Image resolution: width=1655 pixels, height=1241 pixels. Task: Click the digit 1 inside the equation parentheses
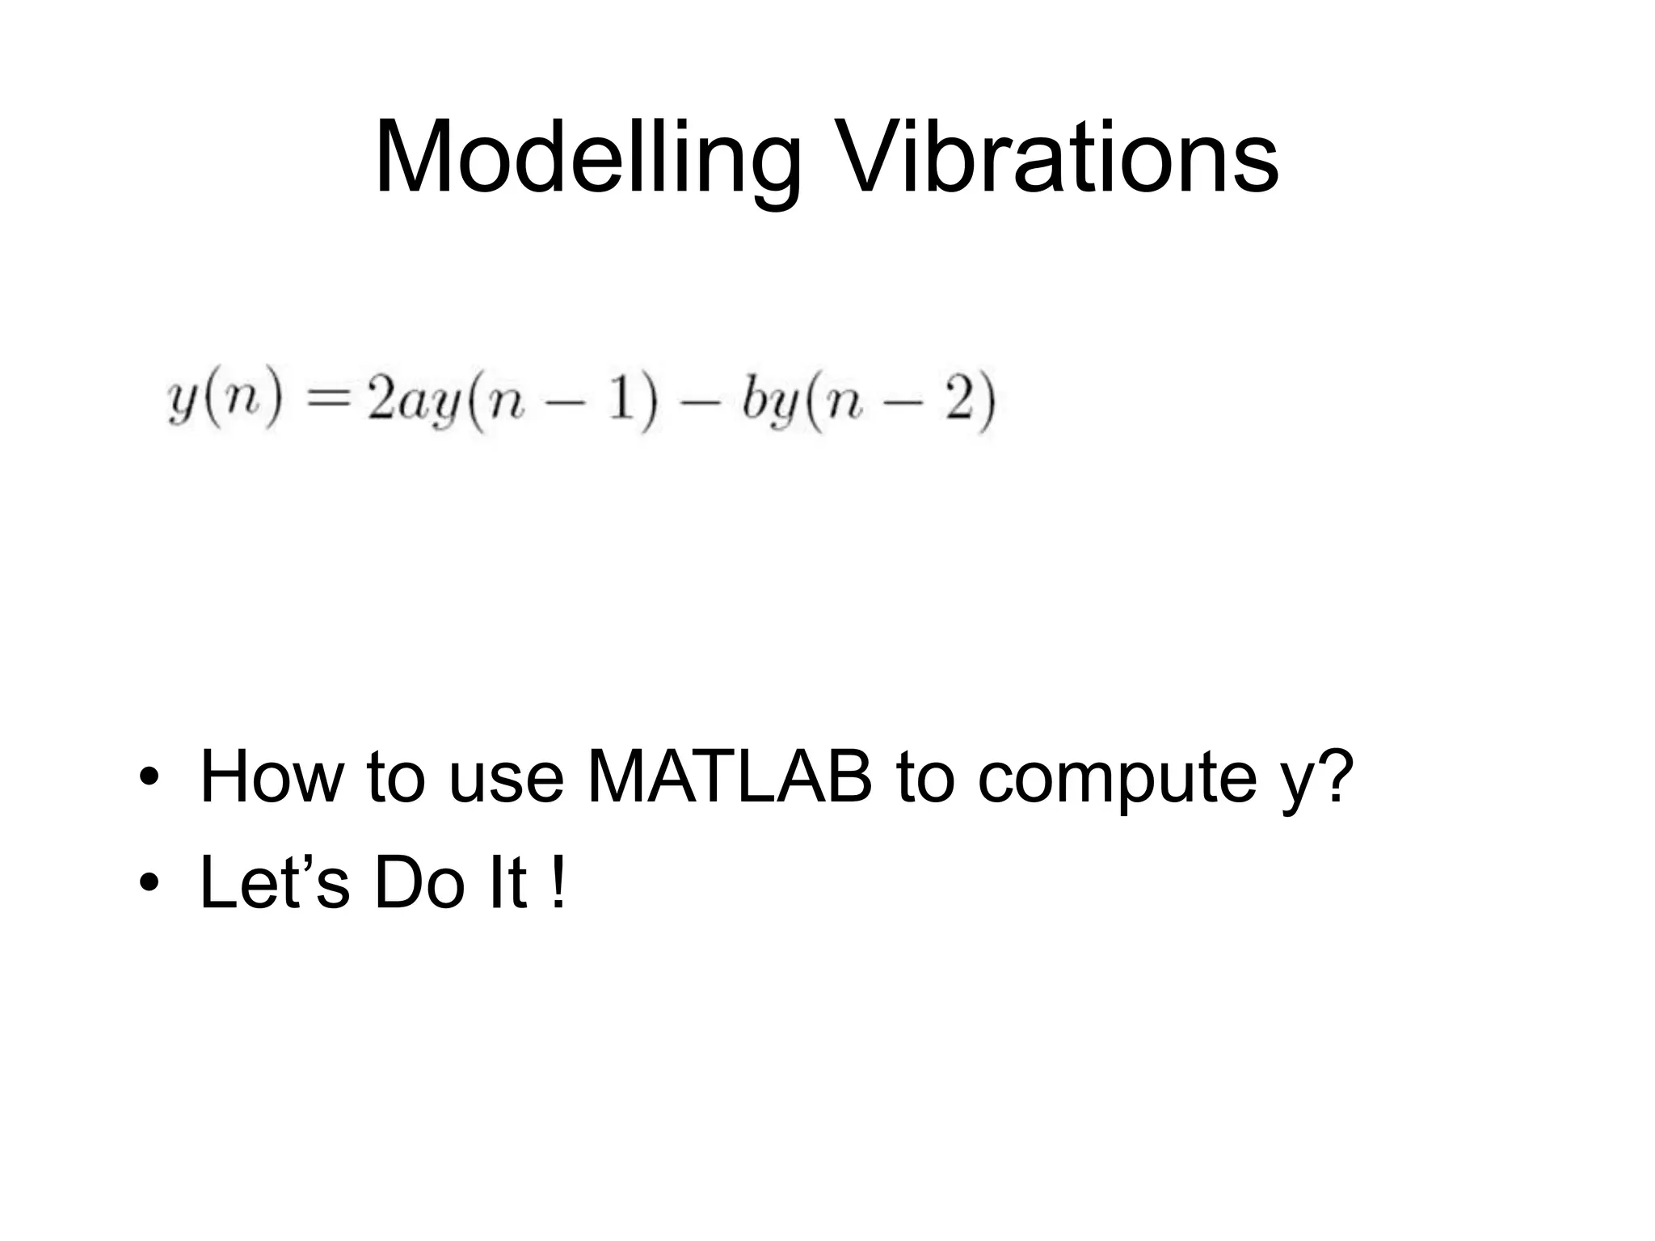(619, 400)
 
